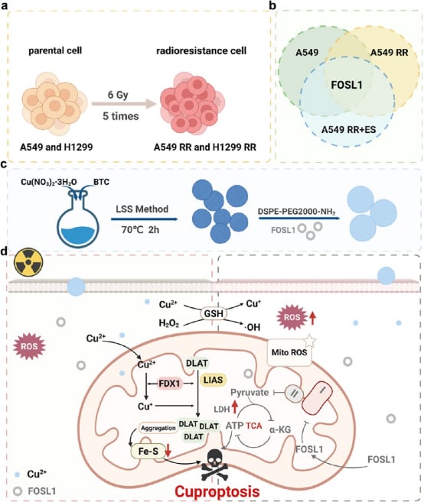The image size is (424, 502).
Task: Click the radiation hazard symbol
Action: coord(28,262)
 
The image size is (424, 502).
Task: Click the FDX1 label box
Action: coord(169,384)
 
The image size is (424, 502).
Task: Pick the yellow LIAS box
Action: coord(213,380)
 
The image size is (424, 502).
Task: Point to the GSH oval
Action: coord(214,313)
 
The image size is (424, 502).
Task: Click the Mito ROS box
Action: coord(289,352)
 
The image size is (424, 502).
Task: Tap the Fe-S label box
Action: coord(148,451)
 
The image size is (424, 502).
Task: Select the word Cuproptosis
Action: coord(217,491)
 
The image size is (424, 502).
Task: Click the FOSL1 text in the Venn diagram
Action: coord(347,85)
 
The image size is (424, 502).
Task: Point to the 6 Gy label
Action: coord(118,95)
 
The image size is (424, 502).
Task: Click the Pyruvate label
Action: coord(250,393)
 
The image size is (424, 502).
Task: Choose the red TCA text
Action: coord(254,426)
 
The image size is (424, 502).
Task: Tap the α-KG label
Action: coord(280,429)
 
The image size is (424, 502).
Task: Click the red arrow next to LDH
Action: coord(235,406)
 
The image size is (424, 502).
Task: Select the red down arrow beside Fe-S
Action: coord(168,450)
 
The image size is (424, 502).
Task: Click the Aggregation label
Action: coord(158,428)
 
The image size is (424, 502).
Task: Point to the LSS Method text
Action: coord(142,209)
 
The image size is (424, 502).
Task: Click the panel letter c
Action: coord(4,164)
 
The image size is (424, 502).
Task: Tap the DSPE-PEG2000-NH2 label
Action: coord(297,212)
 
